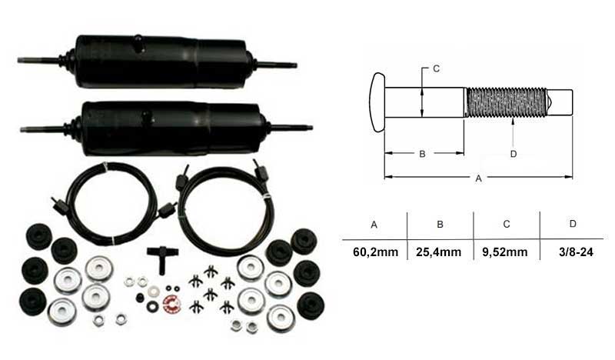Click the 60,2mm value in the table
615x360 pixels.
(375, 252)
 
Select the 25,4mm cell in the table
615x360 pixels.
(438, 252)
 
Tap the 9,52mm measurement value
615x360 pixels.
(505, 252)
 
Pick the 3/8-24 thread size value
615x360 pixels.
(576, 252)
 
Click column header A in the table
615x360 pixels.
(374, 225)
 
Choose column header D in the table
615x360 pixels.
(573, 224)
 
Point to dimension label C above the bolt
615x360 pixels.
(436, 68)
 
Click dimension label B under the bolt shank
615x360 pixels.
(422, 154)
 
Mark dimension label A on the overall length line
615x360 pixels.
(478, 178)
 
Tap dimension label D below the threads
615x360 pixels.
(514, 154)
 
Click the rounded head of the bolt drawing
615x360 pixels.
(377, 102)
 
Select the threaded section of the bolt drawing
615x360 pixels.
(506, 102)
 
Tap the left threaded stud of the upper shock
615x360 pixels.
(38, 60)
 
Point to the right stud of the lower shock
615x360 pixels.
(292, 127)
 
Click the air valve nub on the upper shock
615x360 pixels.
(139, 42)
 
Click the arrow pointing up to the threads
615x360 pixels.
(514, 133)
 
